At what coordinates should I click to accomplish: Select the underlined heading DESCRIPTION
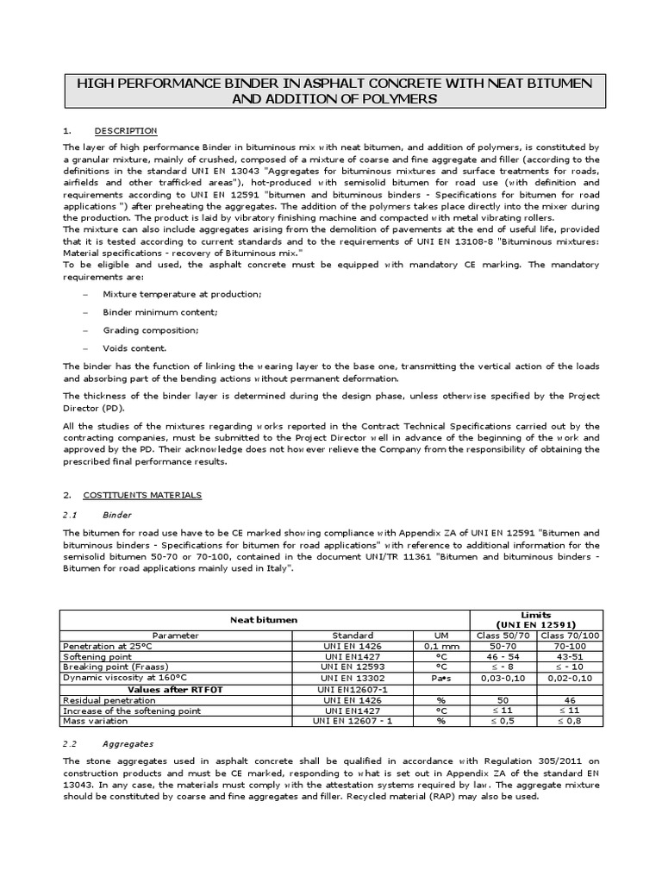pos(126,131)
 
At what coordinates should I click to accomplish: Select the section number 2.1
pos(71,515)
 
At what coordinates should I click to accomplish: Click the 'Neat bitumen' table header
pos(263,619)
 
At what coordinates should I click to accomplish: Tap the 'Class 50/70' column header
pos(501,635)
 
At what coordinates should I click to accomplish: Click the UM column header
pos(440,635)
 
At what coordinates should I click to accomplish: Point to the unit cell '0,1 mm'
pos(440,645)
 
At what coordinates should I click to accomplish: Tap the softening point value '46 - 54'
pos(501,655)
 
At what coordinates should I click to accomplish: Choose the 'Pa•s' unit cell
pos(440,676)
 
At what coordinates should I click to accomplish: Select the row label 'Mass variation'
pos(93,721)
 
